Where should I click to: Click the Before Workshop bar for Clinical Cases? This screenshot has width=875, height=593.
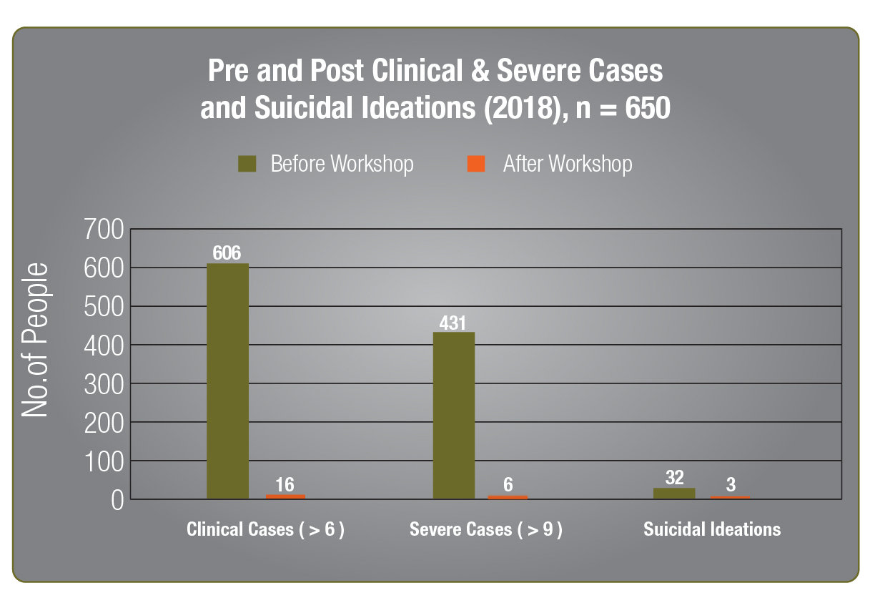click(x=227, y=381)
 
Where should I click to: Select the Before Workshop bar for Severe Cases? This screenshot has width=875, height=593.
click(x=453, y=415)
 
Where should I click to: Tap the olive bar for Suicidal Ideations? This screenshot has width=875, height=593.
click(x=673, y=493)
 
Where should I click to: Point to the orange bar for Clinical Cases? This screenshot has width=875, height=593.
click(x=285, y=496)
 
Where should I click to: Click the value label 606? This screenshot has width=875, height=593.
click(x=227, y=253)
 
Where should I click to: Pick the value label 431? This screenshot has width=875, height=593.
click(x=453, y=322)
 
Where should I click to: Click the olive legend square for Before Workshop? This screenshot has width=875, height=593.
click(x=247, y=165)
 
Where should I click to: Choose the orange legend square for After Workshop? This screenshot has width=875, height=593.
click(x=476, y=165)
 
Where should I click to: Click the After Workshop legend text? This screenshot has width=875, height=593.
click(x=567, y=165)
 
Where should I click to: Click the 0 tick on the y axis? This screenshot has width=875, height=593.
click(x=117, y=499)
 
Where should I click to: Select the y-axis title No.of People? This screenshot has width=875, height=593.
click(x=35, y=340)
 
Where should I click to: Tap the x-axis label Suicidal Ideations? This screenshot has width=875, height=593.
click(x=712, y=530)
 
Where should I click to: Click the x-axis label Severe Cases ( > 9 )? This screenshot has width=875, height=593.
click(x=486, y=530)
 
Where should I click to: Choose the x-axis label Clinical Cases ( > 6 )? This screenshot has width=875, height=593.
click(x=266, y=530)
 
